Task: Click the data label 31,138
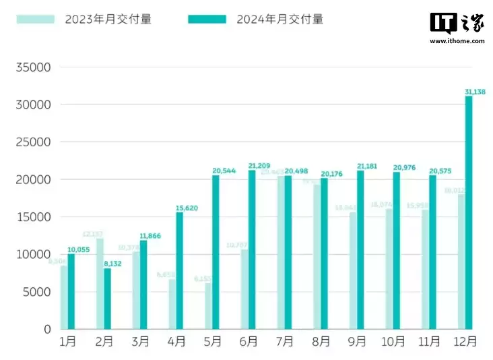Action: point(477,91)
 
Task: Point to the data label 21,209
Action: point(260,165)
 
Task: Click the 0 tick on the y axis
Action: point(47,329)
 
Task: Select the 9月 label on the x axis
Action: point(358,342)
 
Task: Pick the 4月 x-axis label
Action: point(176,342)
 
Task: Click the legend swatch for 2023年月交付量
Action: point(36,20)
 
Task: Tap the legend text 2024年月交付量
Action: point(280,20)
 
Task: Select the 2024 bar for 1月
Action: point(71,291)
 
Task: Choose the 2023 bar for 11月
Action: point(426,269)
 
